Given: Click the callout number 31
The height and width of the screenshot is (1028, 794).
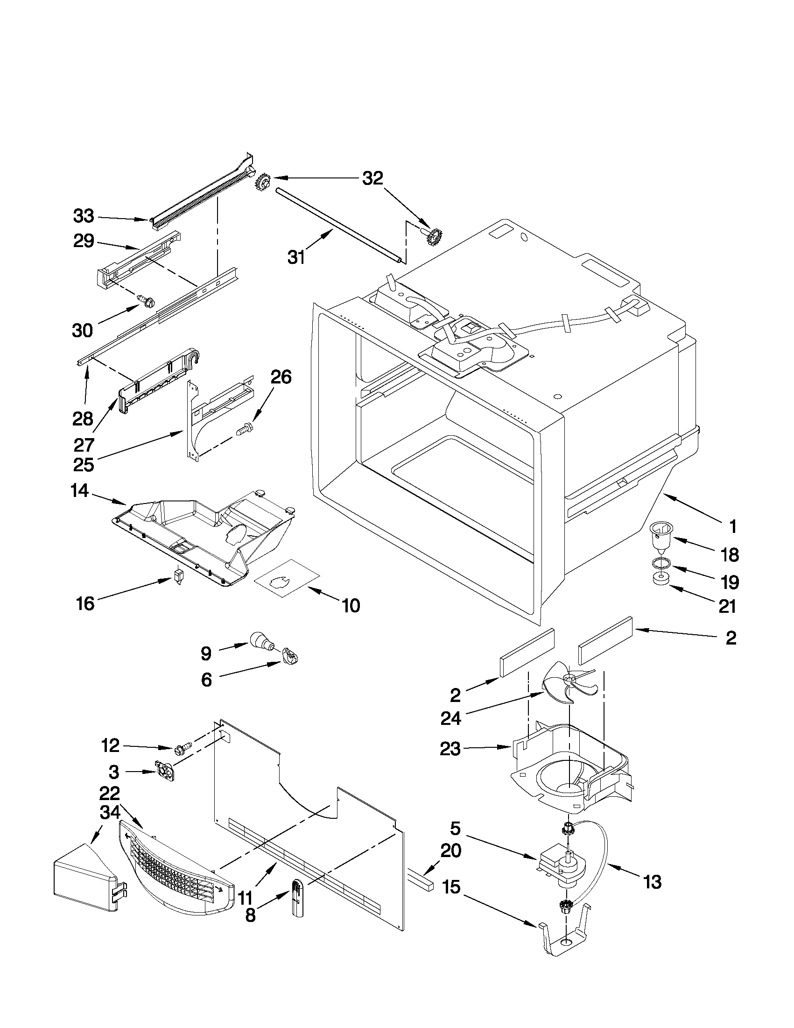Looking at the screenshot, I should [296, 257].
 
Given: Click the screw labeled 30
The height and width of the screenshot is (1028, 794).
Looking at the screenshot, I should [146, 300].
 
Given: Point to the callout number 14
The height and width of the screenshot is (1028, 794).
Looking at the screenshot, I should [79, 491].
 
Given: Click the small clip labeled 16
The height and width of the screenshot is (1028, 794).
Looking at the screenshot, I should [177, 577].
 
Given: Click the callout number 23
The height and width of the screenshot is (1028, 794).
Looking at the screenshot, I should [450, 748].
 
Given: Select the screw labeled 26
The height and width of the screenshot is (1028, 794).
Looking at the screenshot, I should [244, 428].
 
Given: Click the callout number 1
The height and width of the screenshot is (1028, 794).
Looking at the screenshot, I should [732, 527].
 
